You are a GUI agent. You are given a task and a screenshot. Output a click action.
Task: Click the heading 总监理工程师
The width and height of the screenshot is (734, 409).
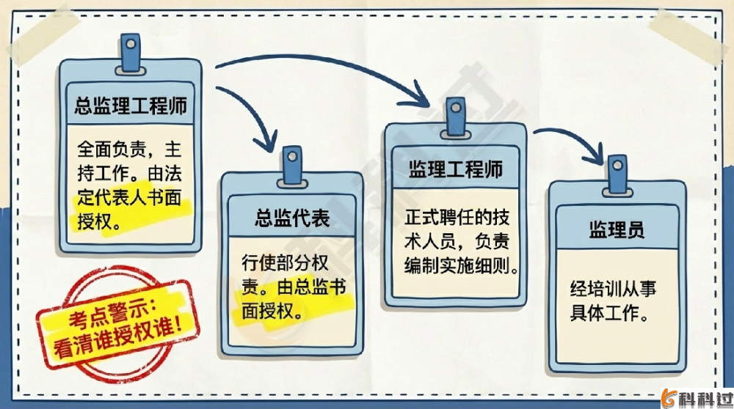(131, 106)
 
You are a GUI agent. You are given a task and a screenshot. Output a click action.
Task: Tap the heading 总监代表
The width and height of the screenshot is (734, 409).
(292, 218)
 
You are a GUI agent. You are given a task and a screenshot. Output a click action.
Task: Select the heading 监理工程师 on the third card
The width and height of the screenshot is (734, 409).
(456, 169)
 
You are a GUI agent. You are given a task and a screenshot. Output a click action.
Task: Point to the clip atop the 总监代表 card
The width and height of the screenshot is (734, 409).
(293, 160)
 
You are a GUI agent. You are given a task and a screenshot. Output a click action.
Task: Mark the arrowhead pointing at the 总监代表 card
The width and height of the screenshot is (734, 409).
(264, 141)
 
